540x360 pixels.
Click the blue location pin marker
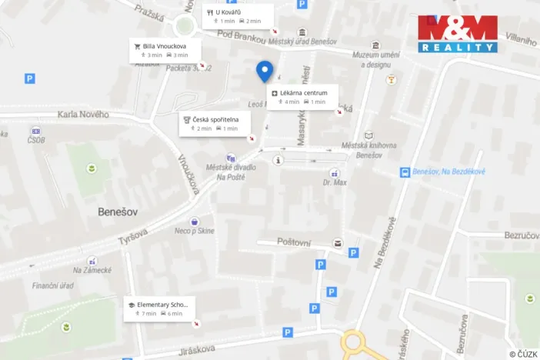click(265, 71)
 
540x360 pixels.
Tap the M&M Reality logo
click(458, 34)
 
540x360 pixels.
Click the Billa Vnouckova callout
click(165, 50)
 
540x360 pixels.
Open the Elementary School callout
click(160, 308)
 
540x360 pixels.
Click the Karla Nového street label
click(83, 115)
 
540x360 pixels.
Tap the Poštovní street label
click(294, 242)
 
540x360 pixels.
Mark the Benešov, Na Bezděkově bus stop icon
click(405, 172)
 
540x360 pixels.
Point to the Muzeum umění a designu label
click(378, 59)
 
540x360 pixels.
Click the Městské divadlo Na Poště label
click(231, 172)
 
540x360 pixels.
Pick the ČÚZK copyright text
click(523, 354)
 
